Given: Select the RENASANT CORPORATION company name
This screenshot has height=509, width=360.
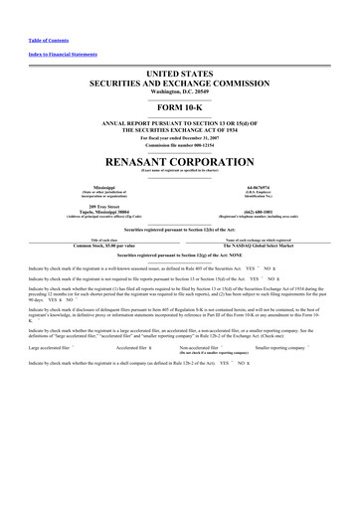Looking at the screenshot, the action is tap(180, 159).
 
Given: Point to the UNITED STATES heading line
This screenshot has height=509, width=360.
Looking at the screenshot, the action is tap(180, 75).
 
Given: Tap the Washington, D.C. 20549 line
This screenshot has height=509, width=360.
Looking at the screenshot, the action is tap(180, 91).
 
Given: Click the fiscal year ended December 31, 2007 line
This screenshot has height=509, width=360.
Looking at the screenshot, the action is tap(180, 135).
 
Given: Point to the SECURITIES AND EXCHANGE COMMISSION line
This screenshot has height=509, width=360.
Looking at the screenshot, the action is tap(180, 84).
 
